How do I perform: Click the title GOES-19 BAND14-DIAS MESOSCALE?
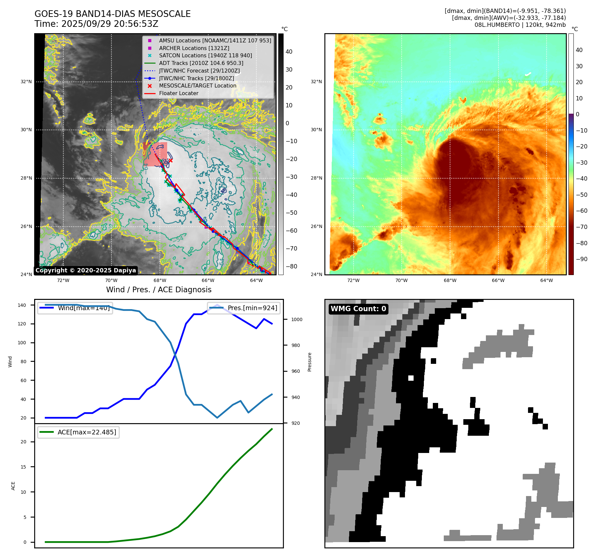point(112,14)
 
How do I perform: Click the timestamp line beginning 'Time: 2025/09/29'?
point(96,24)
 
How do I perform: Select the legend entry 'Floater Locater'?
point(178,93)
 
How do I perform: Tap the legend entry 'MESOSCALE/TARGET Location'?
point(197,85)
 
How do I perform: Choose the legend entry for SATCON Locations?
point(205,55)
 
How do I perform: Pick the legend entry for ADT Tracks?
point(201,63)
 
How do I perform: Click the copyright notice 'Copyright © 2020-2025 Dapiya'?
point(86,270)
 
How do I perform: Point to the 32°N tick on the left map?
point(26,82)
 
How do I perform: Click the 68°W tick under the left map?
point(160,280)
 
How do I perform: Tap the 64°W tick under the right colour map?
point(546,280)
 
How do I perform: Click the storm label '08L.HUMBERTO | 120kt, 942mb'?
point(520,25)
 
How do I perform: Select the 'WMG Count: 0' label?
point(358,309)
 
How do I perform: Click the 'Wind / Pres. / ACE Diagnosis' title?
point(159,290)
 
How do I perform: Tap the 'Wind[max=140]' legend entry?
point(84,308)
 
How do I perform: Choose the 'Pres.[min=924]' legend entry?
point(252,308)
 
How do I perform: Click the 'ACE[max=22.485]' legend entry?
point(87,432)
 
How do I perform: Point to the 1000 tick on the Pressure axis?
point(297,319)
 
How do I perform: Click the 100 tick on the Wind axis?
point(22,343)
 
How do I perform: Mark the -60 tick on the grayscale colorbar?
point(292,231)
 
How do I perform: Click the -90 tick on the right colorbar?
point(581,259)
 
